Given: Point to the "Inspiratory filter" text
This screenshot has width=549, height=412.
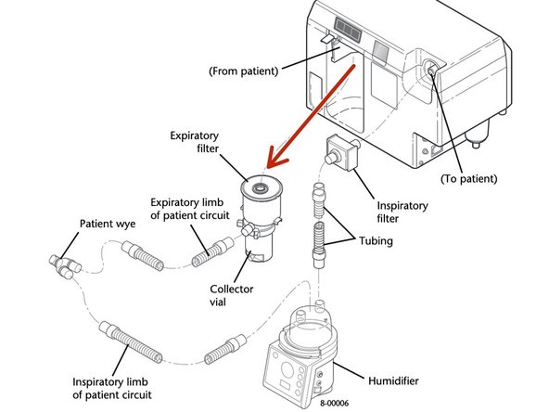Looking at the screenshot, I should coord(402,211).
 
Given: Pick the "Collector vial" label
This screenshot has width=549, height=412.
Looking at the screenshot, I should coord(227,294).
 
